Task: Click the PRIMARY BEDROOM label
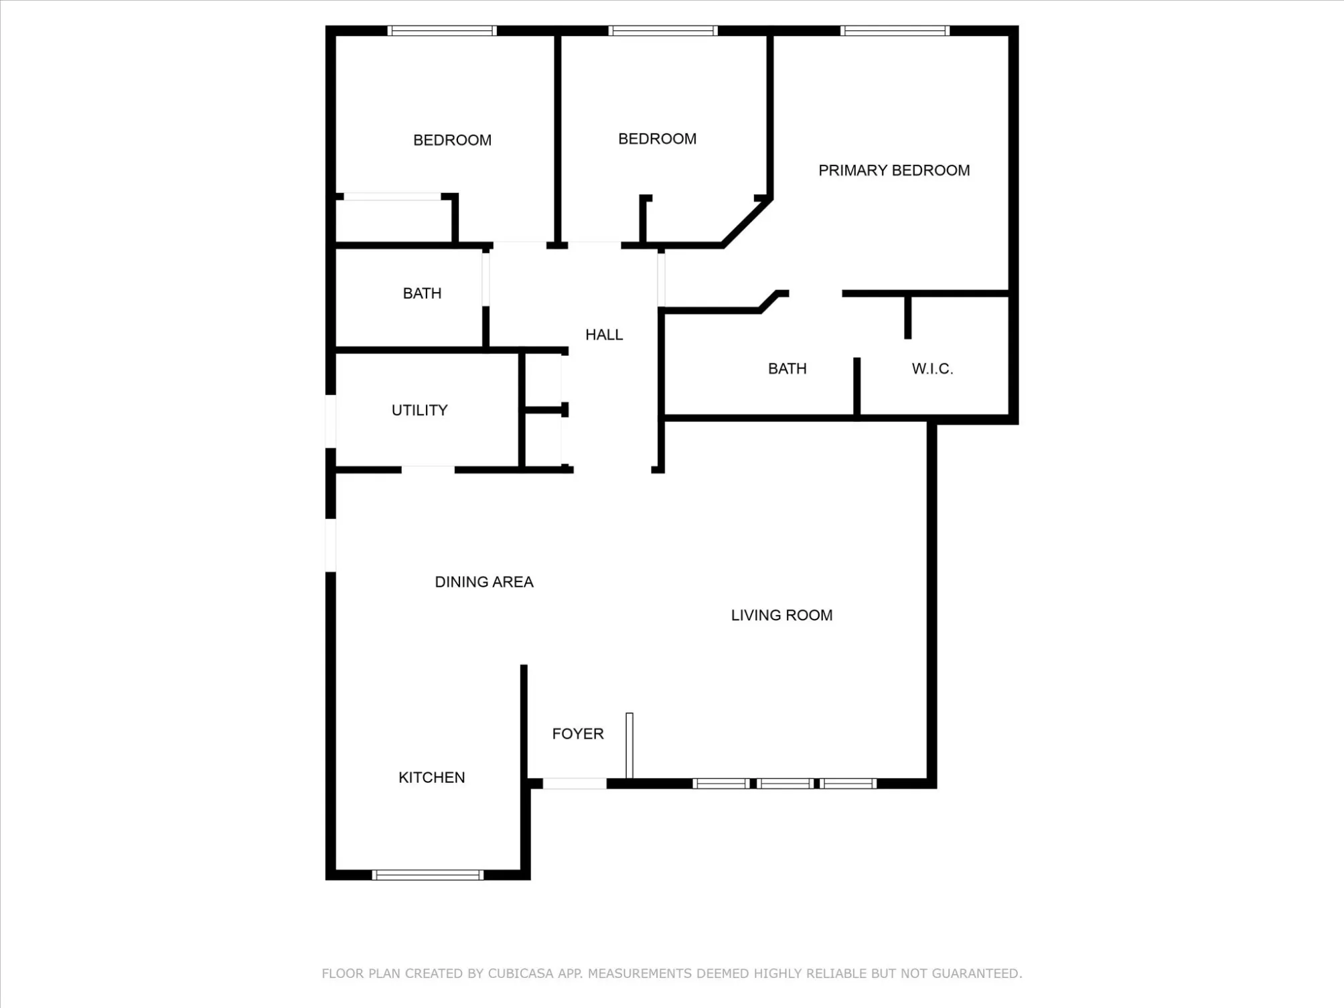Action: click(894, 170)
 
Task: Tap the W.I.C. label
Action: click(932, 368)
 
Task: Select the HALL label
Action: click(604, 335)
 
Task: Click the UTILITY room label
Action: click(419, 410)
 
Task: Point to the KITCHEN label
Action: click(431, 777)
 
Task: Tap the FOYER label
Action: click(578, 733)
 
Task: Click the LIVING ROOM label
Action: click(781, 615)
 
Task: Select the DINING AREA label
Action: click(484, 582)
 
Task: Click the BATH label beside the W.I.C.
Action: click(787, 368)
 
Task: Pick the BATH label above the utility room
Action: click(422, 293)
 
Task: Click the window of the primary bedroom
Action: click(895, 31)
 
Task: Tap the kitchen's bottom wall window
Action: click(427, 875)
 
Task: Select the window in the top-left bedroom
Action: click(442, 31)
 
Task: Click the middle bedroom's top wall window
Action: click(663, 31)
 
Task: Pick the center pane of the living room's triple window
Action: click(786, 784)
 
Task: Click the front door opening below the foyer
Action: click(575, 784)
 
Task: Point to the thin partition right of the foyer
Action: click(629, 745)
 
